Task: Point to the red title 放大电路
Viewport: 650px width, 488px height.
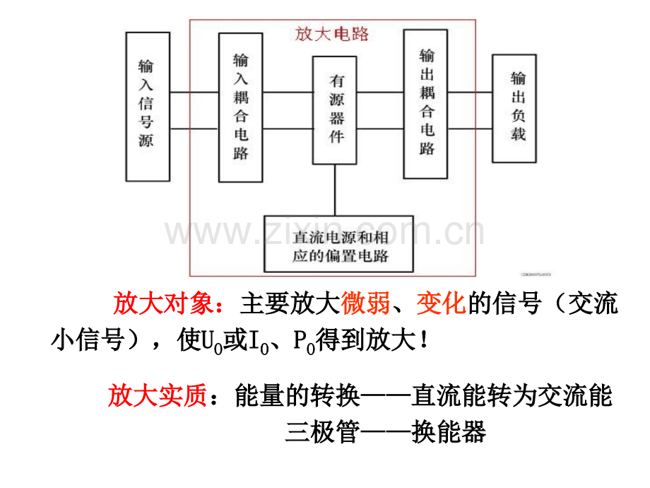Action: pos(331,34)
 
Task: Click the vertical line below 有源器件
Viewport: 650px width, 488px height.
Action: pos(335,190)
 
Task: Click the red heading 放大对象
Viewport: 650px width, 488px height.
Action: pos(163,303)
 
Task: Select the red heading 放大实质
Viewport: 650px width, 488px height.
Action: pos(158,395)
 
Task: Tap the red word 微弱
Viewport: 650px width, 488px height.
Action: pos(365,303)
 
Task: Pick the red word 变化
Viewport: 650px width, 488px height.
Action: pos(442,303)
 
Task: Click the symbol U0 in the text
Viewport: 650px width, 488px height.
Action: pos(212,342)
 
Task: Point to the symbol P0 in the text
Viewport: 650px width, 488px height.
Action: pos(305,342)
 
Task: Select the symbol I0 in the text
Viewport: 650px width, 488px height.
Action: pos(259,342)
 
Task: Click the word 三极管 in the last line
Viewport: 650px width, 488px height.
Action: pos(322,431)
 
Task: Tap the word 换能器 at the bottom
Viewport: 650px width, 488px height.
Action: pos(449,431)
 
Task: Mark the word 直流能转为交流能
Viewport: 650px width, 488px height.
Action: pos(512,395)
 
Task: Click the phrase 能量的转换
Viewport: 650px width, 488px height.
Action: pos(297,395)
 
